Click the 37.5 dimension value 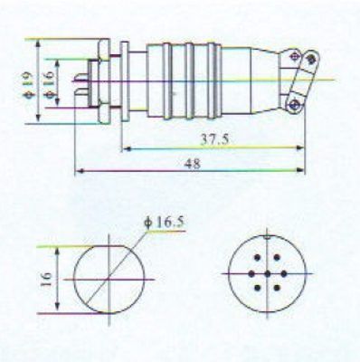tap(214, 139)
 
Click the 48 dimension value tap(192, 164)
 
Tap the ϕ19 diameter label tap(28, 85)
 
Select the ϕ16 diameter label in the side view tap(49, 85)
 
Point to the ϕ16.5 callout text tap(164, 223)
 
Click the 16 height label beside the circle tap(46, 279)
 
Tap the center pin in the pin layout tap(268, 273)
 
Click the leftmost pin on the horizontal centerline tap(251, 273)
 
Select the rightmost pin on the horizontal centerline tap(284, 273)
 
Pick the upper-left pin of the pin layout tap(257, 258)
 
